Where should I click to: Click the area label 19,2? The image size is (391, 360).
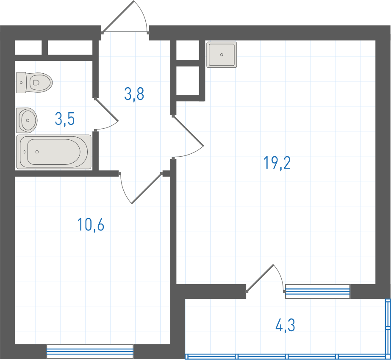click(277, 163)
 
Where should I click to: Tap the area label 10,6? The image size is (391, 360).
click(91, 224)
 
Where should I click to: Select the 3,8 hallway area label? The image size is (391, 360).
click(134, 94)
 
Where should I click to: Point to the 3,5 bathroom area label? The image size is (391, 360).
click(65, 119)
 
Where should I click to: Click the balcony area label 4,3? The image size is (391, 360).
click(285, 325)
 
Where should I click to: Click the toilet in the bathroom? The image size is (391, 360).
click(34, 83)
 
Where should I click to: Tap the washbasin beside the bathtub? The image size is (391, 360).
click(27, 120)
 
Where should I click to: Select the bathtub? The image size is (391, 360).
click(54, 152)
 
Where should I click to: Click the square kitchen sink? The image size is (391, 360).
click(222, 55)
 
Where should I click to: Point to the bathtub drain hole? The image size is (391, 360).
click(37, 152)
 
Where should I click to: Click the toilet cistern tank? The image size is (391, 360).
click(21, 83)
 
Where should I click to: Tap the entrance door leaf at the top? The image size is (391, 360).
click(118, 17)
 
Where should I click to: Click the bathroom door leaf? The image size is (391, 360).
click(106, 110)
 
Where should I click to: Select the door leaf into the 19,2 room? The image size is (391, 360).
click(188, 130)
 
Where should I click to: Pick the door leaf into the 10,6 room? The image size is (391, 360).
click(147, 188)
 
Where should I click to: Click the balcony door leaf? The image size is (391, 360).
click(260, 278)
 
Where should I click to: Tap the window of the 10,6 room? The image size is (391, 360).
click(90, 352)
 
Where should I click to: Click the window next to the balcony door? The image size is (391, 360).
click(318, 291)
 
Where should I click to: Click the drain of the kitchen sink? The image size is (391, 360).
click(222, 55)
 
